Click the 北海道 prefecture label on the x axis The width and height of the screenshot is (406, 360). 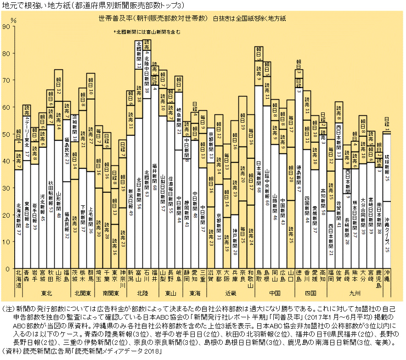tap(19, 279)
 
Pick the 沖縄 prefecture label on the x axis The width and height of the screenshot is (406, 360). tap(387, 276)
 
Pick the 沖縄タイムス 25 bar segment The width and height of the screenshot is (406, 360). tap(387, 235)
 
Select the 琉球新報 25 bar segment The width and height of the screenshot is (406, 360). tap(387, 168)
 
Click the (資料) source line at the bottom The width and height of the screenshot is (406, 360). tap(80, 351)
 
